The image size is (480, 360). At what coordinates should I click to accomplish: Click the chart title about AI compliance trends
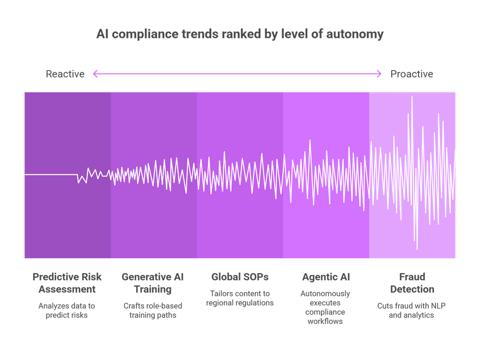click(240, 35)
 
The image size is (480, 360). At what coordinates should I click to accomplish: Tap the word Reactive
click(65, 74)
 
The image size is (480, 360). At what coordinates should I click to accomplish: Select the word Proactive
click(411, 74)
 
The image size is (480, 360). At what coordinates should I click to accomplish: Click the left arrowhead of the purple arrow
click(95, 73)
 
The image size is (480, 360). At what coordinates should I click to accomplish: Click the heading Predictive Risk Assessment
click(67, 283)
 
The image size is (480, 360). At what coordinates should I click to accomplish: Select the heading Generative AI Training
click(153, 283)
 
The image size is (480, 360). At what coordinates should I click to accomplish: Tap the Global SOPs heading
click(240, 277)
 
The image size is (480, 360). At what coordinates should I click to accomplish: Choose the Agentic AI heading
click(326, 277)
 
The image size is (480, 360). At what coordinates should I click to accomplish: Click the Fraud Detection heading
click(412, 283)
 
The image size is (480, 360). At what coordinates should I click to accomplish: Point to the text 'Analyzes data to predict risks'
click(67, 311)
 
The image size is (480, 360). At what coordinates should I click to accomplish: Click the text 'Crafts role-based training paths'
click(153, 311)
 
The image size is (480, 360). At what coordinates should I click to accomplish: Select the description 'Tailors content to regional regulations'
click(240, 298)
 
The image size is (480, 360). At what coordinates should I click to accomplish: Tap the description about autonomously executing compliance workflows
click(326, 307)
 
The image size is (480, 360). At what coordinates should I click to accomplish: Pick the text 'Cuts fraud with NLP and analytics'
click(412, 311)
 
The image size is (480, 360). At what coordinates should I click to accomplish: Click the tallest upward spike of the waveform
click(412, 97)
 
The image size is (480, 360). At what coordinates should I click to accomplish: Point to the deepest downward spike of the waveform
click(417, 249)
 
